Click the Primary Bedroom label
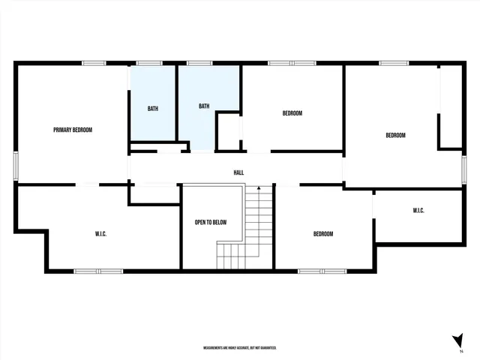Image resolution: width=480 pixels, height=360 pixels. [73, 130]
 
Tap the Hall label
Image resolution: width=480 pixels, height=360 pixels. [238, 172]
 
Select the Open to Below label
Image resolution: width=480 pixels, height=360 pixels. [211, 223]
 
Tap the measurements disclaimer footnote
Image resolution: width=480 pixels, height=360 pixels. [240, 348]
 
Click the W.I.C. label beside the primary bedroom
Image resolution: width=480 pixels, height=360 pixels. [100, 234]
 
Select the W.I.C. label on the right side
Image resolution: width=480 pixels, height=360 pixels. [418, 211]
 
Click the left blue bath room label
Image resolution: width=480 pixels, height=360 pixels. [153, 109]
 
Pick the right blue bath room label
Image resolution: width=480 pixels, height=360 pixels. [204, 106]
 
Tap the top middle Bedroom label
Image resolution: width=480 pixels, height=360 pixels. [292, 113]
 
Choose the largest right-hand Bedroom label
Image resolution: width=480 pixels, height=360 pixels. [395, 135]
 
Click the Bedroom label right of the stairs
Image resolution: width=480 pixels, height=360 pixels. [323, 234]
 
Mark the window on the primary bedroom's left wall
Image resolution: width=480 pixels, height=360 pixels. [16, 165]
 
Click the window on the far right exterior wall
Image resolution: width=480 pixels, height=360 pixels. [464, 168]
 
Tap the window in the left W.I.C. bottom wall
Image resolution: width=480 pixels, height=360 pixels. [98, 270]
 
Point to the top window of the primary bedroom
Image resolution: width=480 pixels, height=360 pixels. [94, 63]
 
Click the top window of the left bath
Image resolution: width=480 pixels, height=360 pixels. [150, 63]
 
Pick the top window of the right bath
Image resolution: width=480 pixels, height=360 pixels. [199, 63]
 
